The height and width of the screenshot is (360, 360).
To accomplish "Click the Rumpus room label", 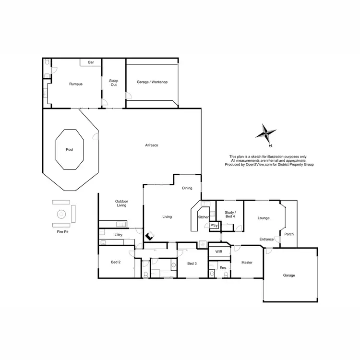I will pos(75,84).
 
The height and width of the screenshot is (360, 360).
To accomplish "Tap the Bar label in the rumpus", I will pos(90,62).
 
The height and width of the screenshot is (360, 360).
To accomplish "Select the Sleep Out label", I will pos(113,83).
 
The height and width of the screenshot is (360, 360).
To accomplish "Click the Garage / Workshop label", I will pos(152,82).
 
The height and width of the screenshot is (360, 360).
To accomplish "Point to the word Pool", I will pos(70,149).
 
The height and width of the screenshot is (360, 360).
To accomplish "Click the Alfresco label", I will pos(152,145).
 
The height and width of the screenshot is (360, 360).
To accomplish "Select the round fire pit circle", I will pos(61,214).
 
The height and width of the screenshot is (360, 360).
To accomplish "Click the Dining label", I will pos(187,188).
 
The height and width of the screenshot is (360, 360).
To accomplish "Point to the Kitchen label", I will pos(204,217).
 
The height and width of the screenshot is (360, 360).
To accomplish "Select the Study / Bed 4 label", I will pos(230,215).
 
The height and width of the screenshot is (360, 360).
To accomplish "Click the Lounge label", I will pos(264,218).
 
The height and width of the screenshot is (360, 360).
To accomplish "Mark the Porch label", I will pos(289,234).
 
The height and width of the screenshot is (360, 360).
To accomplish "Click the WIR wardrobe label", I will pos(219,251).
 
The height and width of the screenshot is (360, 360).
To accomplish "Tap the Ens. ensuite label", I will pos(222,268).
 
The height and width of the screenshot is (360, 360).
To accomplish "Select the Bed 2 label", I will pos(115,263).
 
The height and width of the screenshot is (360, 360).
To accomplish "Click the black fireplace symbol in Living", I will pos(150,236).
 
